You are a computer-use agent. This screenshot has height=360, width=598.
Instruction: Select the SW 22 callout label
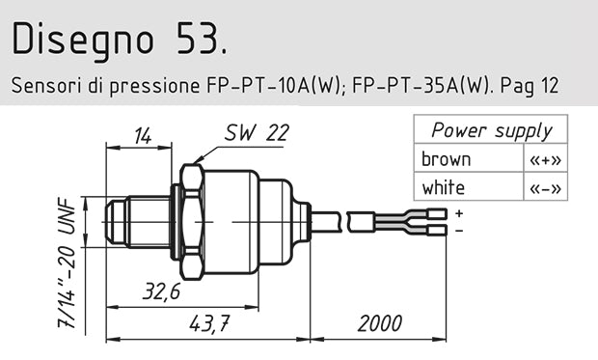(x=256, y=134)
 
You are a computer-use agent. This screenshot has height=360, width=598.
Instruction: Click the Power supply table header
(x=491, y=131)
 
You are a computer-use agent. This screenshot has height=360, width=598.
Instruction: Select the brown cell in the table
(x=446, y=159)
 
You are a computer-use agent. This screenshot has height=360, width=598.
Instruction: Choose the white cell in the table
(x=443, y=186)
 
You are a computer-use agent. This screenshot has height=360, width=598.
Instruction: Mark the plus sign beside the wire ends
(x=458, y=212)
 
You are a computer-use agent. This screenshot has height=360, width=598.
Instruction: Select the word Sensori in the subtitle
(x=43, y=85)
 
